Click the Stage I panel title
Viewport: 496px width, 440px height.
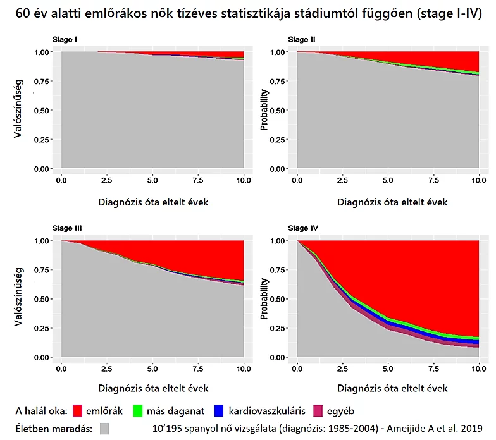tap(65, 40)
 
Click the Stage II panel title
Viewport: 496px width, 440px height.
tap(302, 40)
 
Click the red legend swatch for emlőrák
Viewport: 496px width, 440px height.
tap(78, 410)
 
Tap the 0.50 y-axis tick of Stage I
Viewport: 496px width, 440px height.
tap(43, 110)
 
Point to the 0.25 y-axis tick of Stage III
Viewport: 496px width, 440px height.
tap(43, 329)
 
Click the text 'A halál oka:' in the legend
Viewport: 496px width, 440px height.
tap(40, 410)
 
